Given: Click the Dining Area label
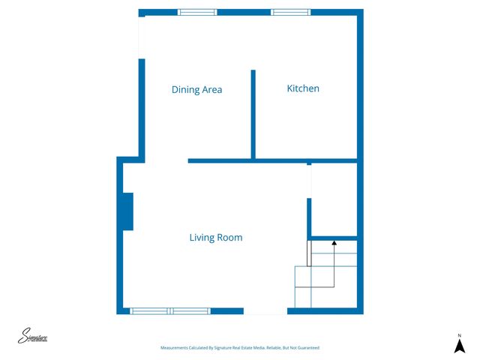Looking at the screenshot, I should click(196, 90).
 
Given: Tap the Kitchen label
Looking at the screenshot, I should click(303, 88).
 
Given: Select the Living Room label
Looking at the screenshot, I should click(215, 238).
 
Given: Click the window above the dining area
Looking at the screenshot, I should click(197, 12).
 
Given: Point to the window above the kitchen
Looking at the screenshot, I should click(289, 12).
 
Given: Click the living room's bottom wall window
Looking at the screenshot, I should click(170, 310).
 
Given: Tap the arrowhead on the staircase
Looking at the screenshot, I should click(334, 242).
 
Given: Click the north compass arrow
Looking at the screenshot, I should click(460, 346).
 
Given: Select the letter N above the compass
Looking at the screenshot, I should click(460, 334).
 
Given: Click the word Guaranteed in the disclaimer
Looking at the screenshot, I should click(306, 348).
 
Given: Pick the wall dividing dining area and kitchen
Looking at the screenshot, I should click(253, 114).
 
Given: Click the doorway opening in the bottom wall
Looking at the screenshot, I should click(265, 310).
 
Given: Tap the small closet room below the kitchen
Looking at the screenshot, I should click(334, 199).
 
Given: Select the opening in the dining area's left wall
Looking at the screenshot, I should click(141, 37).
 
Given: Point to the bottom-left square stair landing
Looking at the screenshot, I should click(303, 298).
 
